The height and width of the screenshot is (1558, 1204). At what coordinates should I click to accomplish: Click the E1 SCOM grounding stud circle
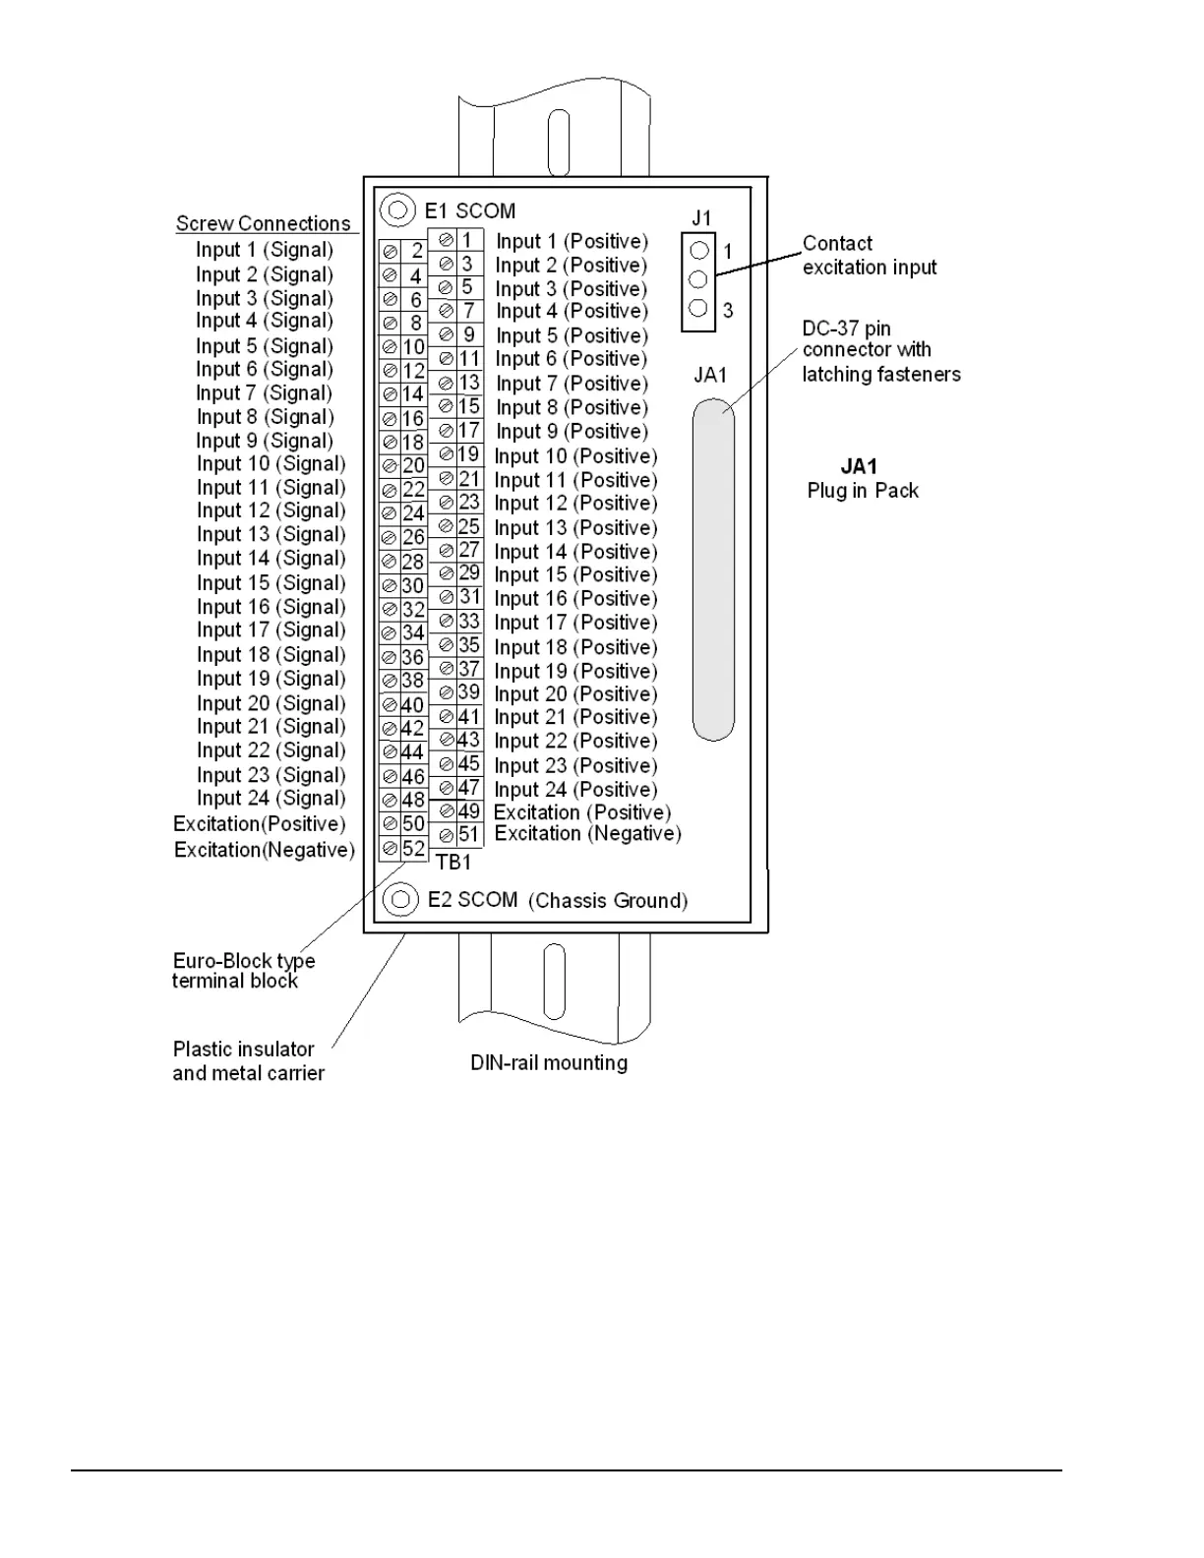pyautogui.click(x=398, y=210)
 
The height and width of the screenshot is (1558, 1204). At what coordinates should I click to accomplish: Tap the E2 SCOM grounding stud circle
pyautogui.click(x=399, y=899)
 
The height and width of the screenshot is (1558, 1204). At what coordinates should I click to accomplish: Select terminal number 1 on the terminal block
pyautogui.click(x=468, y=239)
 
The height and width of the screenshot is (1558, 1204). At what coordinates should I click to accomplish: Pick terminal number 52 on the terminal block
pyautogui.click(x=414, y=848)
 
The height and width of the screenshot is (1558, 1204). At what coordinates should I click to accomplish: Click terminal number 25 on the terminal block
pyautogui.click(x=468, y=526)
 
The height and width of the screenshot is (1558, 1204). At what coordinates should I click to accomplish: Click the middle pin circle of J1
pyautogui.click(x=698, y=279)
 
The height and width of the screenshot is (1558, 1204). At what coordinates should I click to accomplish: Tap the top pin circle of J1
pyautogui.click(x=699, y=251)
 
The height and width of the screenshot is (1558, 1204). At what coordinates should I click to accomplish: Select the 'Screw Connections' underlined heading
pyautogui.click(x=263, y=223)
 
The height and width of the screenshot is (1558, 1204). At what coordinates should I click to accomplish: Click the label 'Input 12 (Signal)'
pyautogui.click(x=271, y=510)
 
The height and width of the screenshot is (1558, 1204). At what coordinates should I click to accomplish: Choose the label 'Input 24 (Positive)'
pyautogui.click(x=575, y=789)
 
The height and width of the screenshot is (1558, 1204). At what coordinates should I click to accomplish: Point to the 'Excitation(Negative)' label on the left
pyautogui.click(x=264, y=849)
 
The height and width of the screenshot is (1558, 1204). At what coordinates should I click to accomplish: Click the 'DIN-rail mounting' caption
pyautogui.click(x=548, y=1062)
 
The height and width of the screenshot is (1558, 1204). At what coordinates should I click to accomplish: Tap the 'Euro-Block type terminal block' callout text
pyautogui.click(x=243, y=971)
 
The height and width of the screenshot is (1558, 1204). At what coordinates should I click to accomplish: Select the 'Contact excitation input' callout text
pyautogui.click(x=869, y=255)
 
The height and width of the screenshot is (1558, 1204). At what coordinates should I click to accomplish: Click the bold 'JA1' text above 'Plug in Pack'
pyautogui.click(x=859, y=466)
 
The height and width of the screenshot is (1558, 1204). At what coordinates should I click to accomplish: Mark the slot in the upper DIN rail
pyautogui.click(x=558, y=144)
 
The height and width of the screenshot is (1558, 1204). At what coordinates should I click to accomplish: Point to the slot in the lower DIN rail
pyautogui.click(x=554, y=982)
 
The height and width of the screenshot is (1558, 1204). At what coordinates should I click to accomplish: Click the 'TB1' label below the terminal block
pyautogui.click(x=453, y=862)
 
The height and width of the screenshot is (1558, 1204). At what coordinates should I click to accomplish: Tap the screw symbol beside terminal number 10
pyautogui.click(x=390, y=347)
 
